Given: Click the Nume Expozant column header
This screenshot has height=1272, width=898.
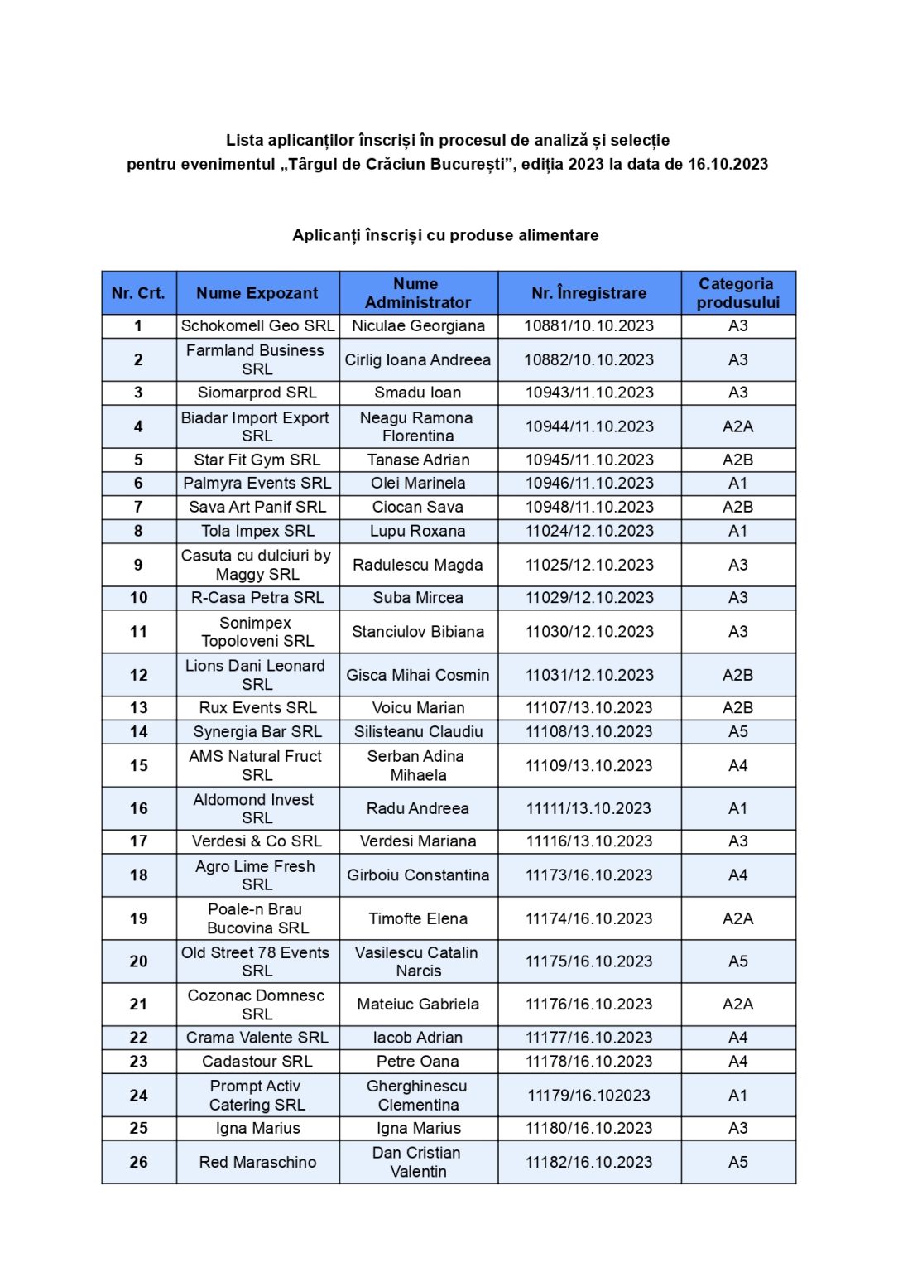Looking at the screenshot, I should (x=257, y=293).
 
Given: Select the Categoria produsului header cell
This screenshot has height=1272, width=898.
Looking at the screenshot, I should (x=737, y=293).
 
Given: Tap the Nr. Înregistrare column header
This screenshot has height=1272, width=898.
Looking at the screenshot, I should (x=588, y=293).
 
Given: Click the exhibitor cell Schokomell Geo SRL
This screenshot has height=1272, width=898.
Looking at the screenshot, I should (x=257, y=325).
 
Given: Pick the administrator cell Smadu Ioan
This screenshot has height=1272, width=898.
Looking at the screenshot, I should (x=417, y=393).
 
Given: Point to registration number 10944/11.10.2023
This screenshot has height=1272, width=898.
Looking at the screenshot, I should (x=588, y=426).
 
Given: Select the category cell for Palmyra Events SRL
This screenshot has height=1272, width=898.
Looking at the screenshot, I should (x=737, y=483).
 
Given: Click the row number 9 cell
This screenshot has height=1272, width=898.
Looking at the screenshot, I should (x=138, y=565).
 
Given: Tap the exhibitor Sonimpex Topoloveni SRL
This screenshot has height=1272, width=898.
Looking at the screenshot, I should (x=257, y=632).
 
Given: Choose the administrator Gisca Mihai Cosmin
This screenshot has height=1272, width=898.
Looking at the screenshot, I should (x=417, y=675).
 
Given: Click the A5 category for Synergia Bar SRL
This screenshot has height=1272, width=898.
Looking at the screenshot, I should (x=737, y=731).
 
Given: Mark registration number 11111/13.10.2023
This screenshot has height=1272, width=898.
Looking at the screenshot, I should (x=588, y=808).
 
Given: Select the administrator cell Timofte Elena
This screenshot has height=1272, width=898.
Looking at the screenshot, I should (x=417, y=918).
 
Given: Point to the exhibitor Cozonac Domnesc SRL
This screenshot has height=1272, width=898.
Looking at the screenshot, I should (x=257, y=1005).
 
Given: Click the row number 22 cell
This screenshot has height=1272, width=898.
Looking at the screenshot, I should (x=138, y=1038).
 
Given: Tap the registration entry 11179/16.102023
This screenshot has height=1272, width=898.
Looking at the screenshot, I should (x=588, y=1096).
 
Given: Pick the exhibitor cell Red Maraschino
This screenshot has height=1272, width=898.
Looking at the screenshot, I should (x=257, y=1162).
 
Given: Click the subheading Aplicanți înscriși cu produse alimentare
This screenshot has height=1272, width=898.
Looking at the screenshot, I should (x=445, y=235).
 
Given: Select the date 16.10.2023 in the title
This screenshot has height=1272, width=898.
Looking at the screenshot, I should (x=728, y=164).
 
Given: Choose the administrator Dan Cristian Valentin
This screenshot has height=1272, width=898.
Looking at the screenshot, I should (x=417, y=1162).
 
